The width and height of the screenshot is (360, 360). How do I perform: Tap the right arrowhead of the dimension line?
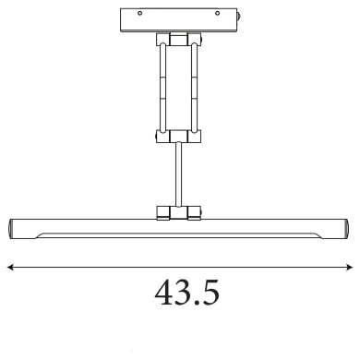point(352,268)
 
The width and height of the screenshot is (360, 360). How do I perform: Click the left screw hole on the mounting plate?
point(139,16)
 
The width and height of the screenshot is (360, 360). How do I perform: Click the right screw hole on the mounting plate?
point(219,16)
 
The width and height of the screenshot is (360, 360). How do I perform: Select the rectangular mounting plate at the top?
point(179,19)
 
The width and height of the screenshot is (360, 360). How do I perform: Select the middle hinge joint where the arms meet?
point(179,138)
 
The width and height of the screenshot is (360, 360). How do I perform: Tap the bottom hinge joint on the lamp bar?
point(179,212)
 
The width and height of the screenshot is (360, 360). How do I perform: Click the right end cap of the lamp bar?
point(345,227)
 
